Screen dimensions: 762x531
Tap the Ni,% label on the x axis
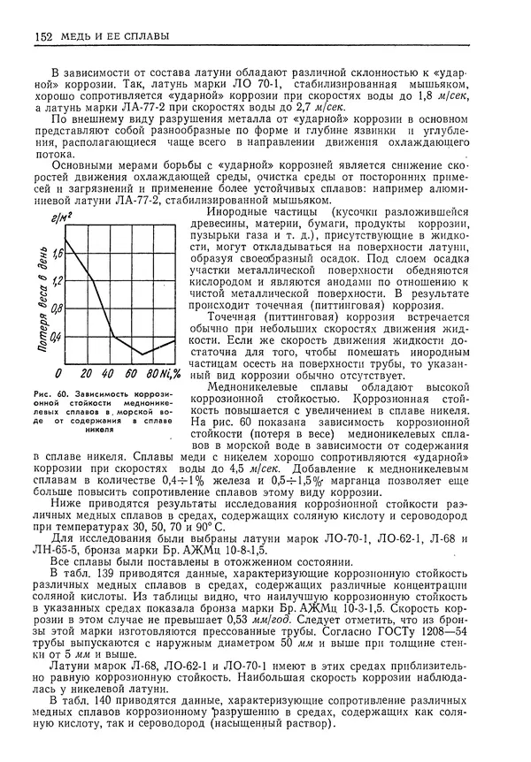coord(175,372)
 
